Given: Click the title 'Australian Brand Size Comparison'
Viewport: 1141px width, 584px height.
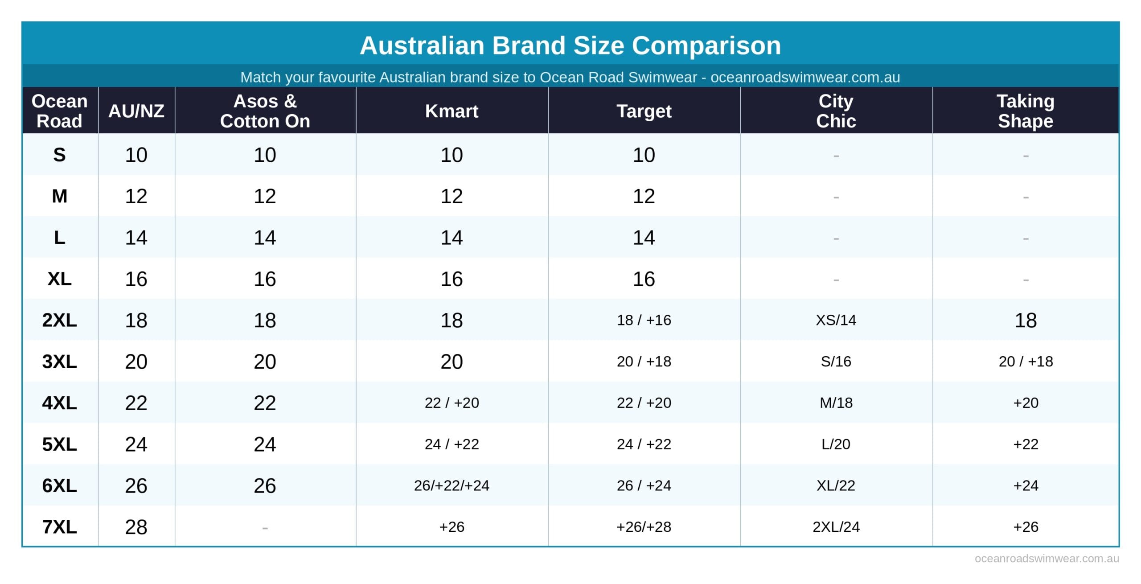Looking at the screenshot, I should [x=570, y=45].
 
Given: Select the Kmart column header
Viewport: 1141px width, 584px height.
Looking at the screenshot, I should [x=451, y=111].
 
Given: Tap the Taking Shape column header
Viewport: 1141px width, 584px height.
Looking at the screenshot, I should [x=1025, y=111].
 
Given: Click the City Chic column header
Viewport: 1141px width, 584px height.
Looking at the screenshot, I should [x=836, y=111].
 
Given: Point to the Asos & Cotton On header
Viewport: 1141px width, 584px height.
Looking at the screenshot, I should [x=265, y=111].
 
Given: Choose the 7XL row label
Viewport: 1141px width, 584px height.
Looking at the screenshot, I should [x=59, y=527].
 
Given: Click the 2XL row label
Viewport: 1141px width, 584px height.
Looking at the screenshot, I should [x=59, y=320].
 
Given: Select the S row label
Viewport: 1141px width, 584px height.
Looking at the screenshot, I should [x=59, y=155].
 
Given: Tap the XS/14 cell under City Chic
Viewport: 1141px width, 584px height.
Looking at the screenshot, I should [x=836, y=320].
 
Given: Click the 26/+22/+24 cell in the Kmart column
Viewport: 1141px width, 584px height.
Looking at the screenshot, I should [x=451, y=485].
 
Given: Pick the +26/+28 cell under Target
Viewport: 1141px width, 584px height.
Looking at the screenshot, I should [x=644, y=527].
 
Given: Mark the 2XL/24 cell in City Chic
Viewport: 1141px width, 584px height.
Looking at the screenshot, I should [x=836, y=527].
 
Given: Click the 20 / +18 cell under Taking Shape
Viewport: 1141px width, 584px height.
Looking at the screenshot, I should [x=1025, y=362].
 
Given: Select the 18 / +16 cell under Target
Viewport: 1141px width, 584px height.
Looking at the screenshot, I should [x=644, y=320].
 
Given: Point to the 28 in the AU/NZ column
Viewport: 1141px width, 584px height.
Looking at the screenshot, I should [x=136, y=527].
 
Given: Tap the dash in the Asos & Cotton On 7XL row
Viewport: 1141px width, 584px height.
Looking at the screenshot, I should [x=265, y=528].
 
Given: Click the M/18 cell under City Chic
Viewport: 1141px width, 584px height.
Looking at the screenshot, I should [x=836, y=403].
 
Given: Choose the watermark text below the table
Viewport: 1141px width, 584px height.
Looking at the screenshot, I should [x=1047, y=559].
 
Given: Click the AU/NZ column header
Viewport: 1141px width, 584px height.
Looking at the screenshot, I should [x=136, y=111].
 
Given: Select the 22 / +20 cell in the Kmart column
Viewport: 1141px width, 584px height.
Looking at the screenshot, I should [x=451, y=403].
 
